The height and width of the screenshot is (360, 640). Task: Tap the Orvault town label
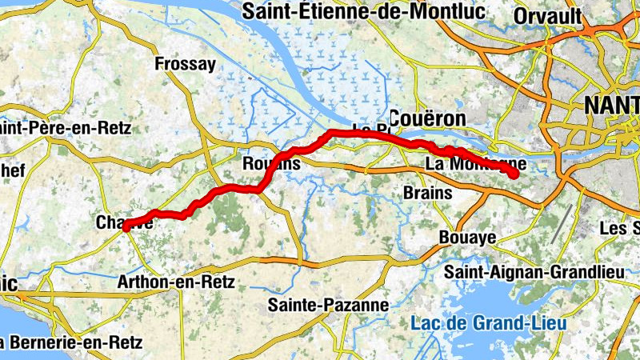549,16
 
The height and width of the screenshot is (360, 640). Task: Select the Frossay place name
185,64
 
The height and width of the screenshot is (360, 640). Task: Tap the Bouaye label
468,238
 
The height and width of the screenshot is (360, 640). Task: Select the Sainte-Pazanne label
328,305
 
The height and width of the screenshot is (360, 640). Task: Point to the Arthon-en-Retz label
175,282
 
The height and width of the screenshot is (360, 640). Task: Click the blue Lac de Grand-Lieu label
488,324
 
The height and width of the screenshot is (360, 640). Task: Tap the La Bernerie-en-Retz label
70,343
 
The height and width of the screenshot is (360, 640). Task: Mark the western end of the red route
126,226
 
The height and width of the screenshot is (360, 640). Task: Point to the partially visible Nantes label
612,106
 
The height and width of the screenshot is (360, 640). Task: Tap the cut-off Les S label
619,229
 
